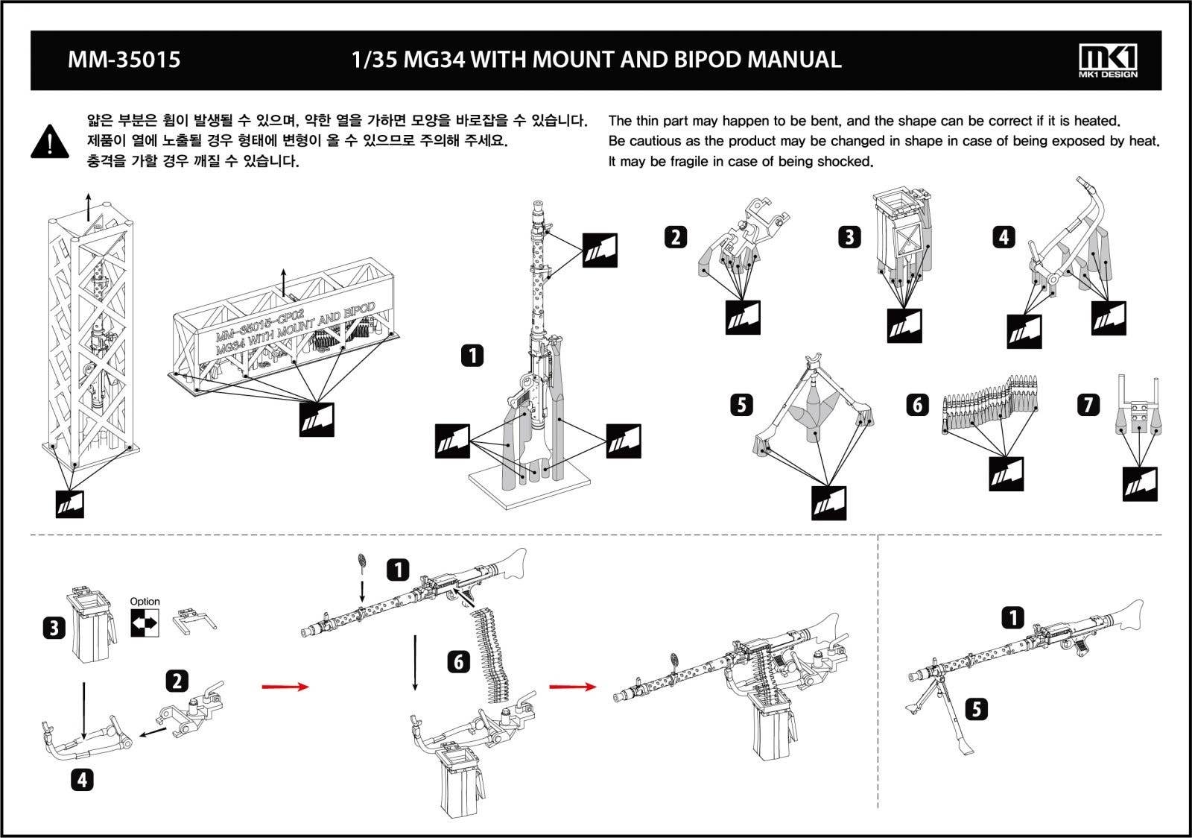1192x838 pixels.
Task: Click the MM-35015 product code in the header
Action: pyautogui.click(x=124, y=60)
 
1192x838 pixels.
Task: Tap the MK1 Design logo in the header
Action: pyautogui.click(x=1108, y=60)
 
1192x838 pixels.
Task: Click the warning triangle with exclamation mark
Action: pyautogui.click(x=50, y=141)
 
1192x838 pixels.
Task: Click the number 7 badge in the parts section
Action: pyautogui.click(x=1088, y=405)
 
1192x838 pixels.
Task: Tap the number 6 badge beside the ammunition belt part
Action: pyautogui.click(x=917, y=404)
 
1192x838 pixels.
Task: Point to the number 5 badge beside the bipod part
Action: pyautogui.click(x=741, y=405)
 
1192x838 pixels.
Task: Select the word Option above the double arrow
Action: pyautogui.click(x=145, y=601)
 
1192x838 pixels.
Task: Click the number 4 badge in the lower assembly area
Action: pyautogui.click(x=82, y=780)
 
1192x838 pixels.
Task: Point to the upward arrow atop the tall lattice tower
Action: pyautogui.click(x=88, y=204)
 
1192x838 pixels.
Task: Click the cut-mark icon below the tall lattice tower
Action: pyautogui.click(x=70, y=504)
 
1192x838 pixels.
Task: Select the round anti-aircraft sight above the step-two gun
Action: pyautogui.click(x=363, y=560)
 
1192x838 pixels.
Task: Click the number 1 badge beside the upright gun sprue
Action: pyautogui.click(x=472, y=356)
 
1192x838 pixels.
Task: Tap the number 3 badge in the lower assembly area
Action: pyautogui.click(x=53, y=628)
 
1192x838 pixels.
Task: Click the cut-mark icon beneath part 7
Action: pyautogui.click(x=1140, y=484)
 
